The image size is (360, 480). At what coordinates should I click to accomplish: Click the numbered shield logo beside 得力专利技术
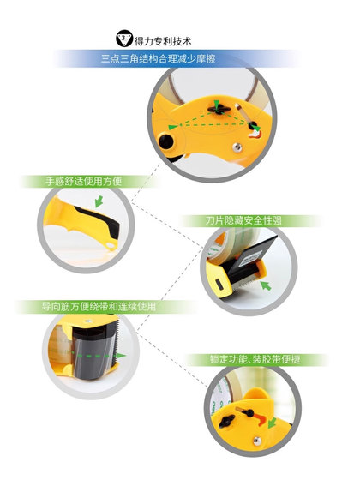click(124, 39)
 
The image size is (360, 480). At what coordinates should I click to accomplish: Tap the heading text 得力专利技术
click(165, 39)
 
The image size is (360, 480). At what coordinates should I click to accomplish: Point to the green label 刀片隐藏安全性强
click(248, 220)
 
